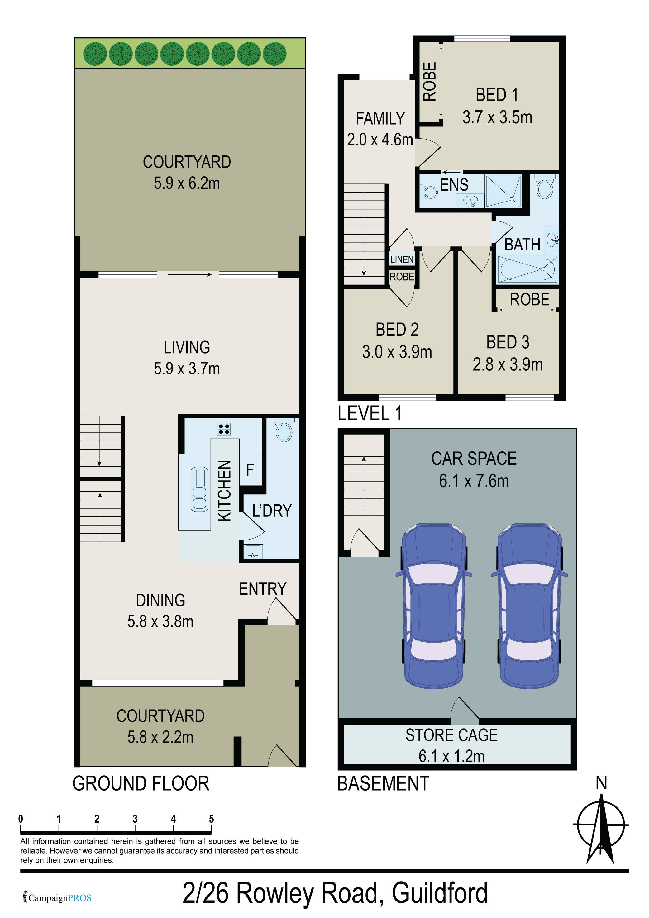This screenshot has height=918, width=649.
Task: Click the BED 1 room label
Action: point(497,95)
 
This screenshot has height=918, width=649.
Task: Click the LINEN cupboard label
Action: point(402,259)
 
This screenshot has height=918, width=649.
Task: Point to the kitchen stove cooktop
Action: point(224,429)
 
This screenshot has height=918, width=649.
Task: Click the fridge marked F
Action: point(250,470)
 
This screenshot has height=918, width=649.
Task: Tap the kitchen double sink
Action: point(199,489)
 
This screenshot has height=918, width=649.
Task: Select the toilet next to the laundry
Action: point(284,430)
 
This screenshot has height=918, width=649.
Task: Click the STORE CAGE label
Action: point(451,735)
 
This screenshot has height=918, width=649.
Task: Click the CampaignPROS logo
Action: point(57,898)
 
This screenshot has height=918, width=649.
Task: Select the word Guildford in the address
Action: point(439,893)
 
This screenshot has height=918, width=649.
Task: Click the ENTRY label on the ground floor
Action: point(263,589)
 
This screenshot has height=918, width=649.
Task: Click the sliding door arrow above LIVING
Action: point(189,275)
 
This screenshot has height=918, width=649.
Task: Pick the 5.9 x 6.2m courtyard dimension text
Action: point(187,183)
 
